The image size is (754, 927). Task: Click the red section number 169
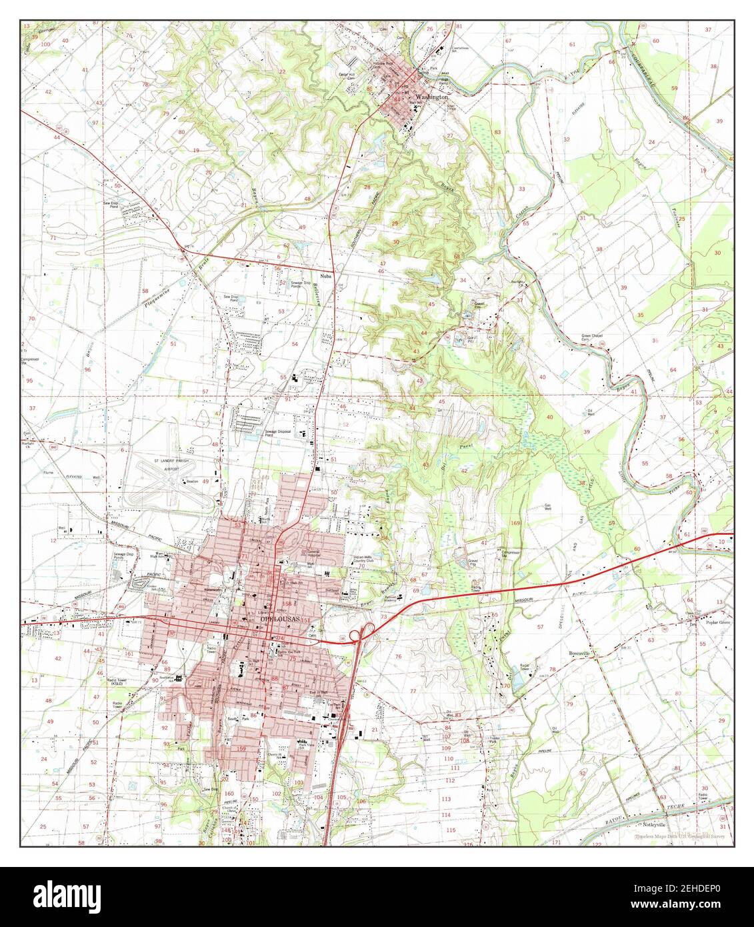[515, 523]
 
